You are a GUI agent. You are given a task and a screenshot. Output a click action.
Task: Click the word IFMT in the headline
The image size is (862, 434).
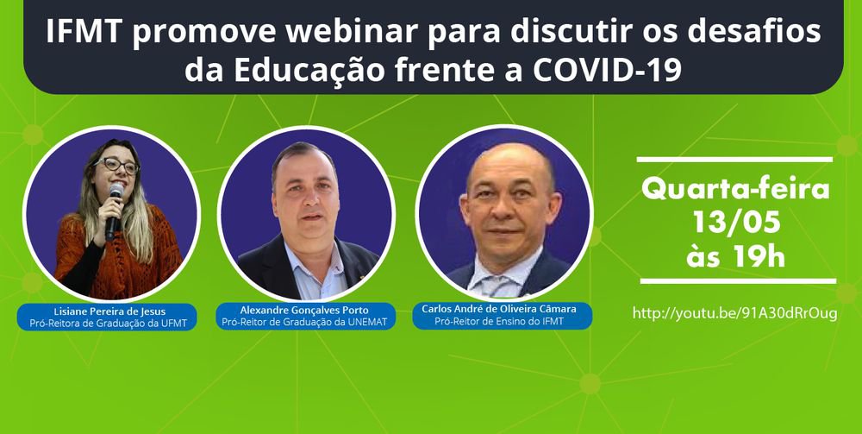pyautogui.click(x=84, y=33)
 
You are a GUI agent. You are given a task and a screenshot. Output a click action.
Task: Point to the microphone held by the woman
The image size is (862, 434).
pyautogui.click(x=114, y=211)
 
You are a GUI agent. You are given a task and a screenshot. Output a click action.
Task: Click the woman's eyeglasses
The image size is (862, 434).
pyautogui.click(x=116, y=165)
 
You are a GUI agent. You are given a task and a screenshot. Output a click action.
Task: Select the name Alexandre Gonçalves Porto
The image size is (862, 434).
pyautogui.click(x=304, y=311)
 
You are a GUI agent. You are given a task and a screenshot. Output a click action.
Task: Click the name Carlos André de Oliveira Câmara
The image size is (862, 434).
pyautogui.click(x=498, y=309)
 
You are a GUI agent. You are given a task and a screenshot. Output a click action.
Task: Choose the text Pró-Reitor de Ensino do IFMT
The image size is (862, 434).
pyautogui.click(x=498, y=321)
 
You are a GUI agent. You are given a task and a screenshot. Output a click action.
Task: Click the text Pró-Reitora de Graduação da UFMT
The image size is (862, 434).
pyautogui.click(x=107, y=324)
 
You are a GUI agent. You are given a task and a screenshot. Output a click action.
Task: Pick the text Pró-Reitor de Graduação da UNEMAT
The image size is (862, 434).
pyautogui.click(x=304, y=322)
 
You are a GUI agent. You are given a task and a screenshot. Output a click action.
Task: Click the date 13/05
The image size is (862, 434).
pyautogui.click(x=736, y=223)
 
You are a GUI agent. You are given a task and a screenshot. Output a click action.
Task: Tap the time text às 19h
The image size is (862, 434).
pyautogui.click(x=735, y=257)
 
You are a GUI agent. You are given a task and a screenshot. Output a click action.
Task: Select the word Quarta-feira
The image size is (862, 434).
pyautogui.click(x=735, y=190)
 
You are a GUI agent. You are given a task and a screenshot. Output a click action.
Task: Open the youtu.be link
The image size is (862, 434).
pyautogui.click(x=735, y=313)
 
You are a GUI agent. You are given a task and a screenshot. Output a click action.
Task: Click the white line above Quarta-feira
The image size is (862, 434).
pyautogui.click(x=735, y=160)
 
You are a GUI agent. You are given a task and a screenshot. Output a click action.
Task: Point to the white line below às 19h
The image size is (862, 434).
pyautogui.click(x=738, y=281)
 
